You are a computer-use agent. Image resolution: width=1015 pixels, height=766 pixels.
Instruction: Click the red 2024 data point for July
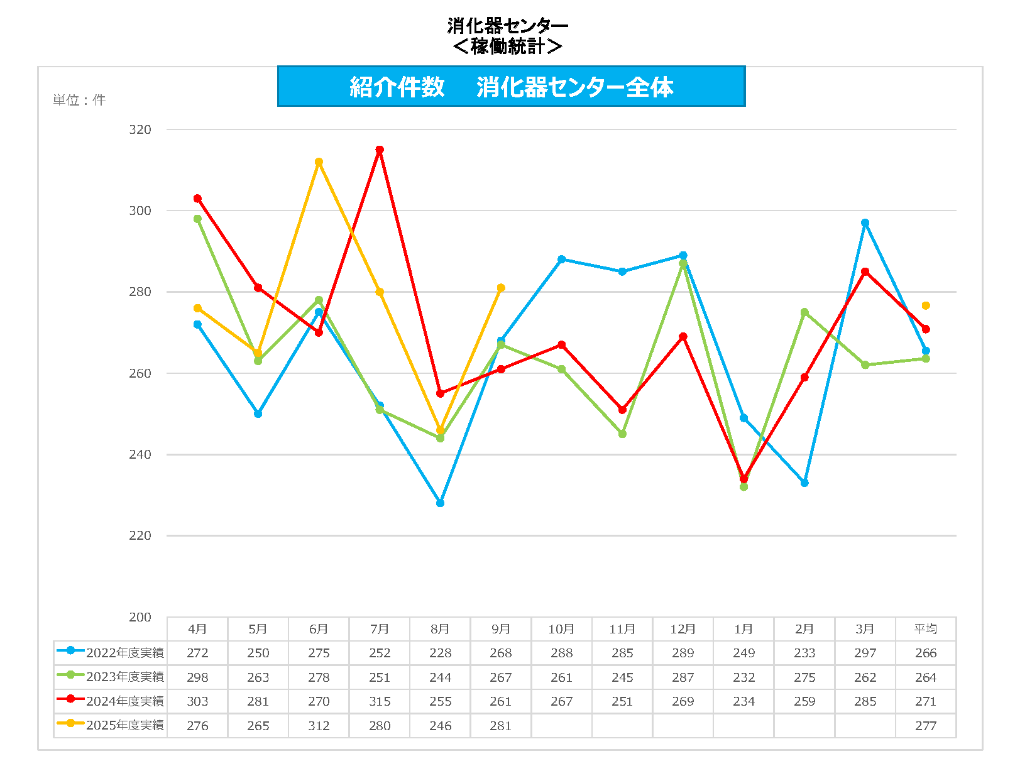[x=380, y=150]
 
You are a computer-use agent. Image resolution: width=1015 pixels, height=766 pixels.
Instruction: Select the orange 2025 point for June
[x=319, y=162]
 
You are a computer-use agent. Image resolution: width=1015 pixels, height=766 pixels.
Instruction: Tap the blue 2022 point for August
[x=440, y=503]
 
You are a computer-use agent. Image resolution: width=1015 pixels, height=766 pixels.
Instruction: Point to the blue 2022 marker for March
[x=865, y=223]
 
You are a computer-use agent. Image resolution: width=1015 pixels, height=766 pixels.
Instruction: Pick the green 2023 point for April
[x=197, y=219]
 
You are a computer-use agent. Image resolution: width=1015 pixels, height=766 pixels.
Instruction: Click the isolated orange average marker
[x=926, y=305]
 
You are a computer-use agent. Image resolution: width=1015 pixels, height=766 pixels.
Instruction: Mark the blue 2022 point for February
[x=804, y=483]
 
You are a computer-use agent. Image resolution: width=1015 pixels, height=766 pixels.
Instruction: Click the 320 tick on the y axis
[x=140, y=129]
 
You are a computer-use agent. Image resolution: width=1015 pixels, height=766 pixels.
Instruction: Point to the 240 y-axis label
[x=140, y=454]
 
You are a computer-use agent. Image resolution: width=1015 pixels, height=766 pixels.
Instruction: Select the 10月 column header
[x=561, y=629]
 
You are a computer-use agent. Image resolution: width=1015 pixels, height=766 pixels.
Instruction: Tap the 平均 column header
[x=926, y=629]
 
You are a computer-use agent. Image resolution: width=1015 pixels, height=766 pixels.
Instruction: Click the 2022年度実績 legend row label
[x=124, y=653]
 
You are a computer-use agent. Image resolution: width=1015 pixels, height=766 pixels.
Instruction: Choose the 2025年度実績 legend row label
[x=124, y=725]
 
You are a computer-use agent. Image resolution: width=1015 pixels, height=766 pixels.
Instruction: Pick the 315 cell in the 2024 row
[x=380, y=701]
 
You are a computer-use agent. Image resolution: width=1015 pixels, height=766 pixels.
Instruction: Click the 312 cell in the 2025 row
[x=319, y=726]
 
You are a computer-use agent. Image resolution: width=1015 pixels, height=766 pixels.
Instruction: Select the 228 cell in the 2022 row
[x=440, y=653]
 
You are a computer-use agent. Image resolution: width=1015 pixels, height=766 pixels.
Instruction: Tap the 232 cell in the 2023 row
[x=743, y=677]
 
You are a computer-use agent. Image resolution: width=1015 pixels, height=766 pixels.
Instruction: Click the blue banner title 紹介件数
[x=397, y=87]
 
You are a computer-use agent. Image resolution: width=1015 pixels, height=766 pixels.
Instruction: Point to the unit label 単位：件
[x=79, y=100]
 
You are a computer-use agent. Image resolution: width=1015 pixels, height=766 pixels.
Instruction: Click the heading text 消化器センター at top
[x=507, y=26]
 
